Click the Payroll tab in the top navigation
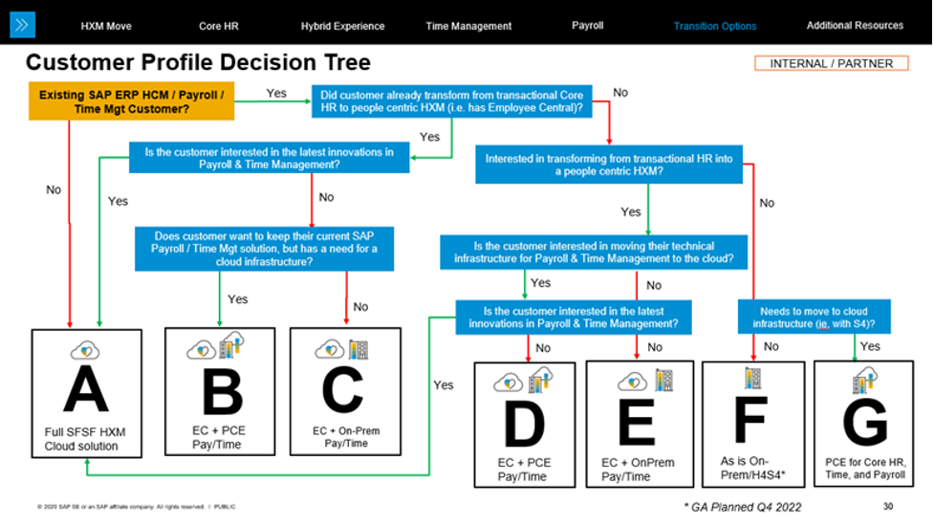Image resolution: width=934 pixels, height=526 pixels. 587,25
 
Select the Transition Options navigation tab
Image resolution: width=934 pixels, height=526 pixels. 714,26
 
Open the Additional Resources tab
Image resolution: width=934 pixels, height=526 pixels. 854,25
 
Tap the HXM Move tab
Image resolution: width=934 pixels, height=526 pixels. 106,26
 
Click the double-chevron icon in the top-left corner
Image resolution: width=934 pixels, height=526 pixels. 22,25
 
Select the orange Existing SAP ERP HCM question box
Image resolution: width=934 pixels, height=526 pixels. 132,101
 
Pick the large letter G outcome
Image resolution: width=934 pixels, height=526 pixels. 864,420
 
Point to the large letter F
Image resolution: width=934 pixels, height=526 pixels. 751,421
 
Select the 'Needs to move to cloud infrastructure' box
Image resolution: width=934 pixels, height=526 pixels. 814,318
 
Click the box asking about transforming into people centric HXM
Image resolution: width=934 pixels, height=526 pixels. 609,165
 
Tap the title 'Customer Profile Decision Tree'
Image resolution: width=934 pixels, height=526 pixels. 198,64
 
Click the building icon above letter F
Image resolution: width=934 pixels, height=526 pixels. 751,378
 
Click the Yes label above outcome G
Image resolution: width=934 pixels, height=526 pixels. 870,346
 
